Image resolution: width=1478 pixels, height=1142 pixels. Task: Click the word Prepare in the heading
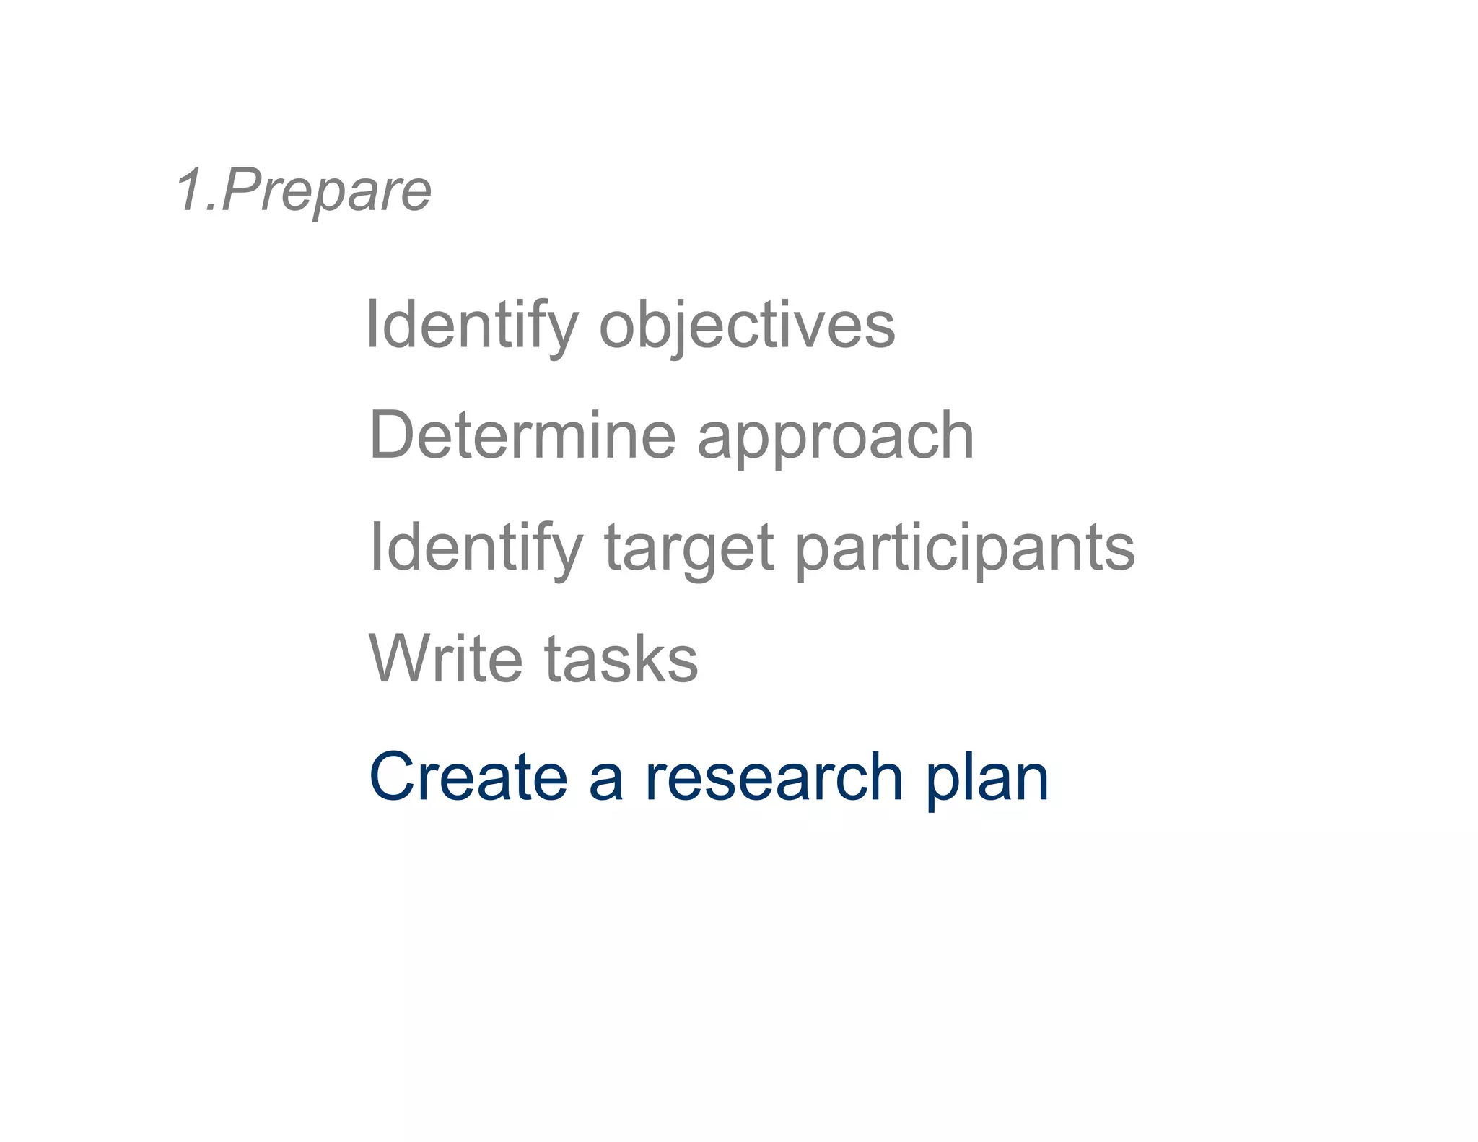click(x=326, y=191)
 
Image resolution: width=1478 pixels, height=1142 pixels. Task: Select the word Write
click(x=445, y=658)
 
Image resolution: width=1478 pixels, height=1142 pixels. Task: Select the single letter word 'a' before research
click(x=606, y=781)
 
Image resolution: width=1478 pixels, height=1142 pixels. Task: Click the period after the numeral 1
click(x=211, y=209)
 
